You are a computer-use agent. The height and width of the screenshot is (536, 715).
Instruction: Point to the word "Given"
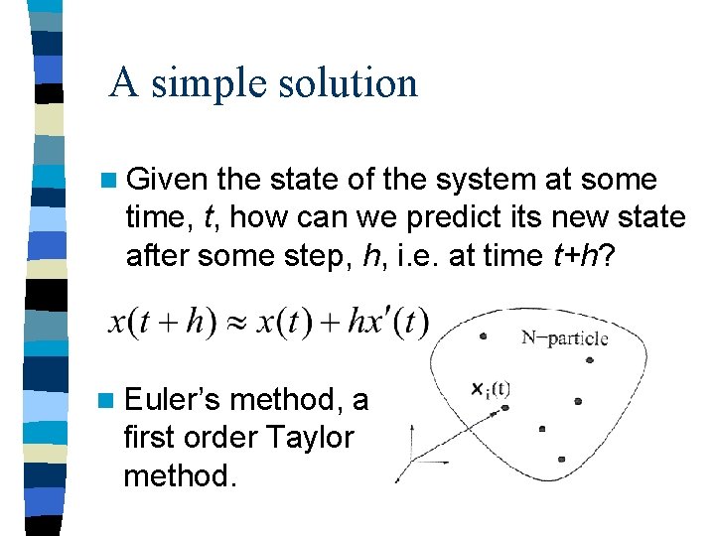167,180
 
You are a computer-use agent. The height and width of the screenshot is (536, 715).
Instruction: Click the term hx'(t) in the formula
388,324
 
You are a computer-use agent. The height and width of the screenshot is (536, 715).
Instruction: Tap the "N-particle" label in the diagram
564,338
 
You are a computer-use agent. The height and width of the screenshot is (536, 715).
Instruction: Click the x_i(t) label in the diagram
491,388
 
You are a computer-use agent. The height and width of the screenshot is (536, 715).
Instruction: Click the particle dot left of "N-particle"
483,336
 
